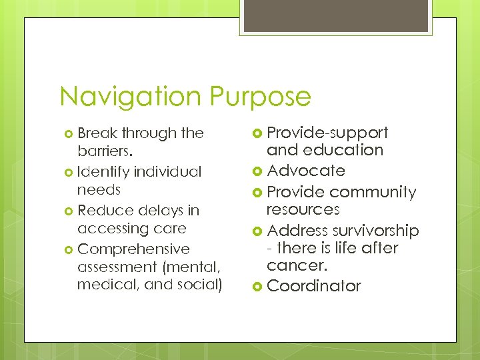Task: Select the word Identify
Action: (x=103, y=172)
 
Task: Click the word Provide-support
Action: (x=327, y=133)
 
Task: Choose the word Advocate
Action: (x=306, y=171)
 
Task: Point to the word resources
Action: (x=303, y=210)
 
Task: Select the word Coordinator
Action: (x=313, y=287)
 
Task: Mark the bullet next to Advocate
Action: (x=257, y=171)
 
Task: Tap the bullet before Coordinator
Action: (x=257, y=287)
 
